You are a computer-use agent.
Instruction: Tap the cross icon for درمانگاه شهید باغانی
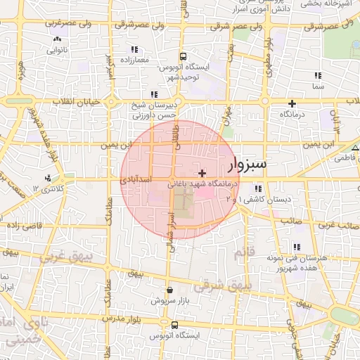pos(202,173)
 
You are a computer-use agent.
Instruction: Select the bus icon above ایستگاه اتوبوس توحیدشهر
pos(182,57)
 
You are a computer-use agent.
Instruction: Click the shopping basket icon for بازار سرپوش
pos(169,290)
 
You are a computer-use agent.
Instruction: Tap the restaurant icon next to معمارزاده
pos(134,49)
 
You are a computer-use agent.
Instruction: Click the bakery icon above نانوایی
pos(56,39)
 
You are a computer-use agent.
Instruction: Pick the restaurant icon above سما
pos(318,75)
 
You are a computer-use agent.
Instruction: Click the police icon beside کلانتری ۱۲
pos(47,178)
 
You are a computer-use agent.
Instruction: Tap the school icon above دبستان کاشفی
pos(259,188)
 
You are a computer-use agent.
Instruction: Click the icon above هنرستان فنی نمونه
pos(297,247)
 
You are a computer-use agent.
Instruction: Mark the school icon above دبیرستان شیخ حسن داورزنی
pos(153,94)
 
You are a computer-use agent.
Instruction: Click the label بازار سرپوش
pos(169,300)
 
